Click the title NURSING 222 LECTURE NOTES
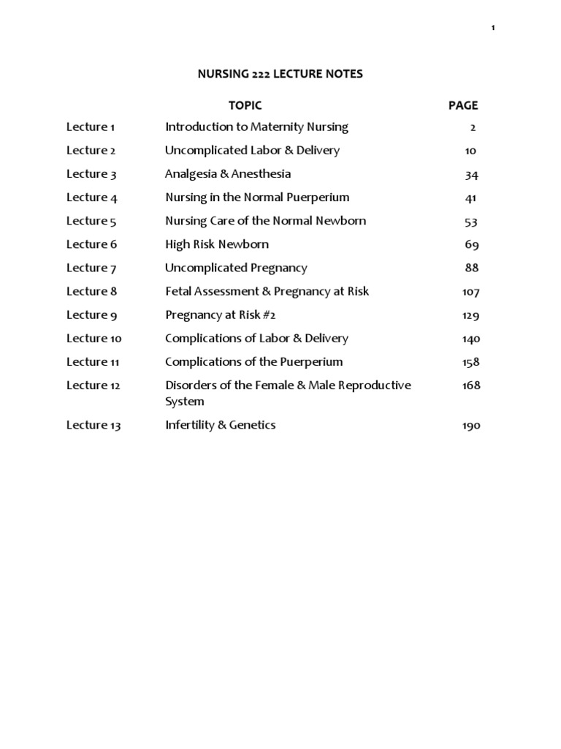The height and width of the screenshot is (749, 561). click(281, 74)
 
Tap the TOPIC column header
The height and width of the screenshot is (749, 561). click(245, 105)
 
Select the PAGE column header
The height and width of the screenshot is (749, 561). click(463, 105)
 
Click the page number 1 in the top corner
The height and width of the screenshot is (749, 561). click(493, 27)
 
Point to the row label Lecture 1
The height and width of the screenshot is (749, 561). click(91, 127)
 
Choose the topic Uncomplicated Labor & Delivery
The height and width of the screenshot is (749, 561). click(252, 151)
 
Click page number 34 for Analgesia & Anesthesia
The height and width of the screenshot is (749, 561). click(471, 175)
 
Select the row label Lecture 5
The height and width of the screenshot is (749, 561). click(91, 221)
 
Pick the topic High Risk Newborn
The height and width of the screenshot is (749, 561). click(217, 244)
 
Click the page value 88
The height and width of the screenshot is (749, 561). click(471, 268)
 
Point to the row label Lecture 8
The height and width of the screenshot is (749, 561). click(91, 291)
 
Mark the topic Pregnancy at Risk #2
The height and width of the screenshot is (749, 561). click(221, 315)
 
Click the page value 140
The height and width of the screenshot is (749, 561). click(470, 339)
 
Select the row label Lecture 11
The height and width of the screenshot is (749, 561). click(93, 362)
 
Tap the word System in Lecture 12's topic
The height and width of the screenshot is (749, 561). click(185, 402)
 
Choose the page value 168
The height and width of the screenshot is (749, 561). click(470, 385)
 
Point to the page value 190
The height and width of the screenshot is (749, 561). click(470, 426)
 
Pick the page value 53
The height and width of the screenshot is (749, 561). click(471, 222)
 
